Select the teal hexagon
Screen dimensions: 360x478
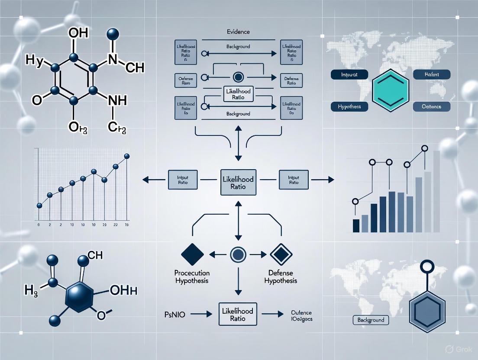390,90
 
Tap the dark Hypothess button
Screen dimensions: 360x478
349,106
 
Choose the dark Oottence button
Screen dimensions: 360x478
432,106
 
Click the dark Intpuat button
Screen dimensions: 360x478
349,75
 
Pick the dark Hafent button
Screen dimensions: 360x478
432,75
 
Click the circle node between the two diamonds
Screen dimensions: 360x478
237,254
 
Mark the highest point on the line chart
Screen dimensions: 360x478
127,156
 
